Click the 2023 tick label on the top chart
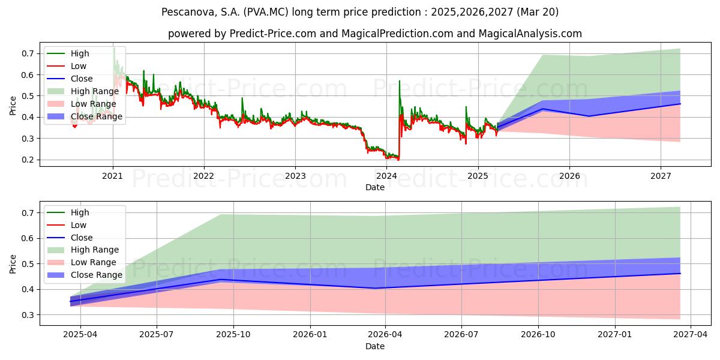[x=295, y=176]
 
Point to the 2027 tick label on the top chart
[x=661, y=176]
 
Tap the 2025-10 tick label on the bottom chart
[x=233, y=335]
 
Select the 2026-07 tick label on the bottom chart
[x=461, y=335]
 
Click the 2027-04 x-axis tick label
[x=691, y=335]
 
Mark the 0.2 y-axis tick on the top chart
[x=28, y=160]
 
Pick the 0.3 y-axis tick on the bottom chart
[x=28, y=315]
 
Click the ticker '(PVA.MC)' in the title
[x=266, y=12]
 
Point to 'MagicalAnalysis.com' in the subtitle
[x=530, y=34]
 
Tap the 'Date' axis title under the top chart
[x=375, y=187]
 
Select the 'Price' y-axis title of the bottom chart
[x=13, y=264]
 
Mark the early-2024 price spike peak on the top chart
[x=400, y=80]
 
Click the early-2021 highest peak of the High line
[x=114, y=48]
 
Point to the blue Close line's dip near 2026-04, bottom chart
[x=375, y=288]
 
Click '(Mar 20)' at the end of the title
[x=538, y=12]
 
